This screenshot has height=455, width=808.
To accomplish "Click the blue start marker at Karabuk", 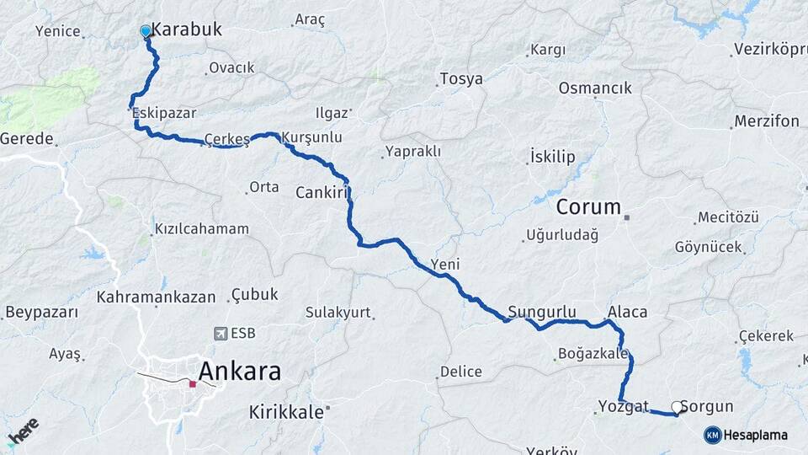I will pyautogui.click(x=146, y=31).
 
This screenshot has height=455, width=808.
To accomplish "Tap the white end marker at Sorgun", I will pyautogui.click(x=677, y=407).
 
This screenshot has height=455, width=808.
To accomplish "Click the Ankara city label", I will pyautogui.click(x=239, y=371).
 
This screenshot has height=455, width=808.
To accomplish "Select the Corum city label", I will pyautogui.click(x=588, y=206).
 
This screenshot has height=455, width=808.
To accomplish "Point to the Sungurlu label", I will pyautogui.click(x=542, y=311).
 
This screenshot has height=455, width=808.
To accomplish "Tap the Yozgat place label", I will pyautogui.click(x=623, y=406).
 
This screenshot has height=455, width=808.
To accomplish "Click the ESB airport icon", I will pyautogui.click(x=221, y=334).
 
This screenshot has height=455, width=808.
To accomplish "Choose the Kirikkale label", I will pyautogui.click(x=286, y=412).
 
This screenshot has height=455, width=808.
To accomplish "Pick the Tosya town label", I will pyautogui.click(x=461, y=79).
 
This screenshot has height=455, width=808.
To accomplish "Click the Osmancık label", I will pyautogui.click(x=595, y=88).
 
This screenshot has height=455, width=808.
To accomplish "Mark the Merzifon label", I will pyautogui.click(x=766, y=121).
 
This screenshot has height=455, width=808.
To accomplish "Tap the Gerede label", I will pyautogui.click(x=27, y=138).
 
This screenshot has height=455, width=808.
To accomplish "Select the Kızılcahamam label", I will pyautogui.click(x=202, y=228).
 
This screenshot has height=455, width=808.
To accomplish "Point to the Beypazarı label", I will pyautogui.click(x=41, y=313).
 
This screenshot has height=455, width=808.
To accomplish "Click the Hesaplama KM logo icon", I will pyautogui.click(x=712, y=435).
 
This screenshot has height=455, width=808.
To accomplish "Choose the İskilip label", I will pyautogui.click(x=552, y=157).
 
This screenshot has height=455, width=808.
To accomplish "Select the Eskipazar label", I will pyautogui.click(x=164, y=110).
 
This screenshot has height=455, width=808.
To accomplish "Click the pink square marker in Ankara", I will pyautogui.click(x=193, y=383).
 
